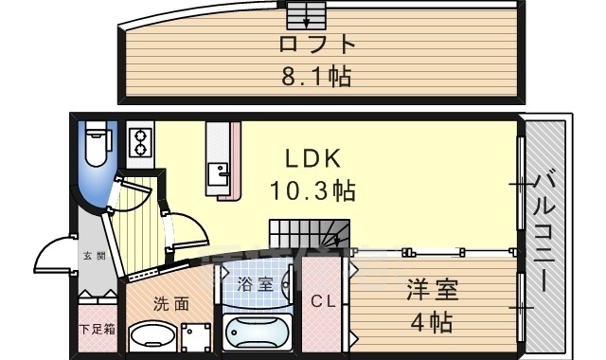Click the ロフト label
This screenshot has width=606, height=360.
coord(317,44)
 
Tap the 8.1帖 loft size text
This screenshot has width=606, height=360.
coord(316,76)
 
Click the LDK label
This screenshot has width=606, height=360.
coord(313,158)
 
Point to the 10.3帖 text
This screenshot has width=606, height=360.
coord(312,190)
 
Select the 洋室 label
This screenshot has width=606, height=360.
coord(432,290)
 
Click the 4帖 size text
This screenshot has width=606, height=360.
coord(432,322)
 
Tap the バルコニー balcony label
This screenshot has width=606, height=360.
coord(545,232)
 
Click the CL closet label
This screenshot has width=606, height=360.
coord(323,301)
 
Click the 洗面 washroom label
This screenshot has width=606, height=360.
coord(171,304)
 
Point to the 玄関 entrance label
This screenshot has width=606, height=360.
coord(95,256)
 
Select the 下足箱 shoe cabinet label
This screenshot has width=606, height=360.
coord(98,330)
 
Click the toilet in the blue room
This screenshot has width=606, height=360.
coord(98,144)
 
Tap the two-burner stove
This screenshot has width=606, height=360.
coord(140,142)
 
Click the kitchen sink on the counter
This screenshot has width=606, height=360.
coord(219,174)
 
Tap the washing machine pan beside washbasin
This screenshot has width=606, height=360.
coord(196,337)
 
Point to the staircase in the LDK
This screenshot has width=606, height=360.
coord(310,234)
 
